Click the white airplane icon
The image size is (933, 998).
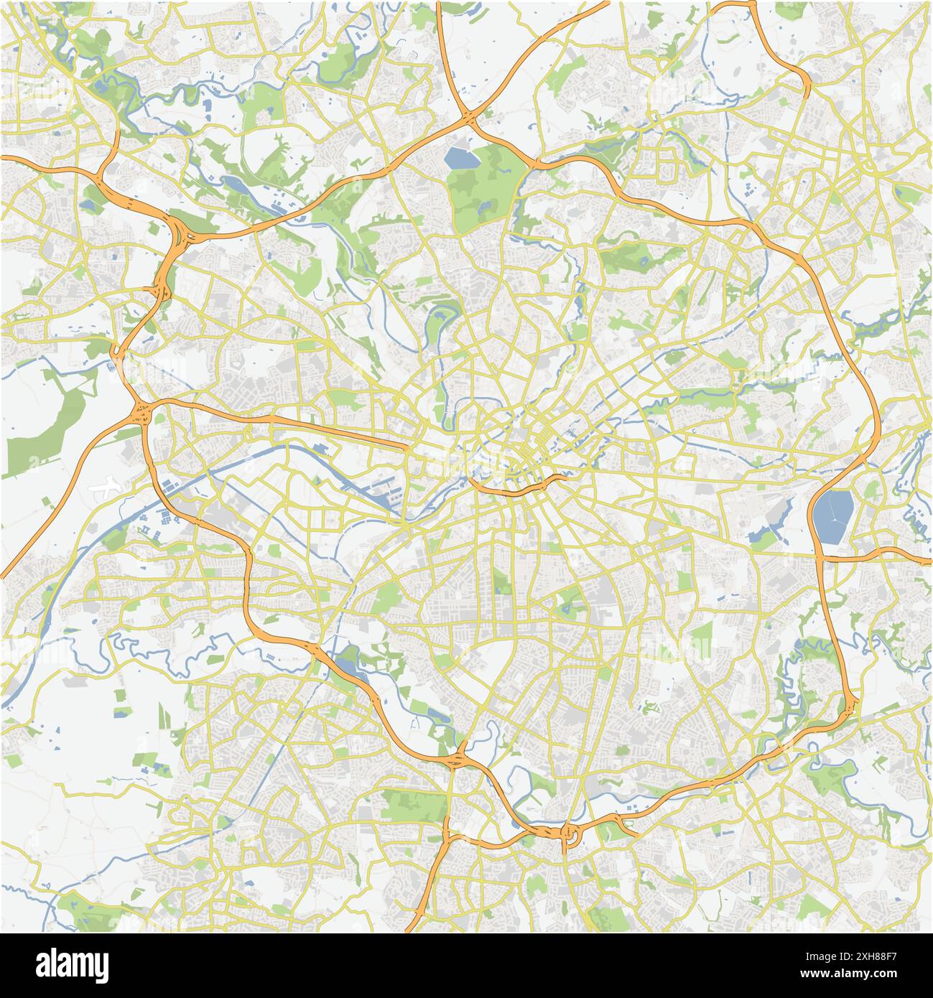106,488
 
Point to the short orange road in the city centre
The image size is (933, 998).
516,488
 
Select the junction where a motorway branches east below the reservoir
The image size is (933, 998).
821,557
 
